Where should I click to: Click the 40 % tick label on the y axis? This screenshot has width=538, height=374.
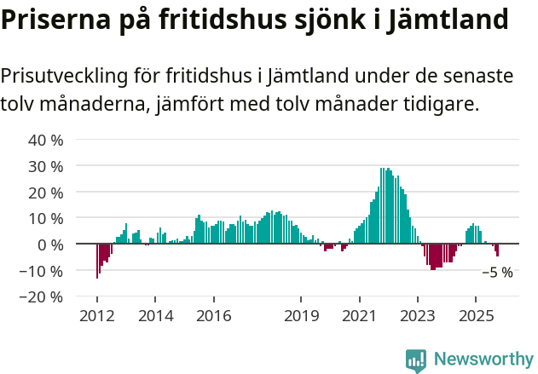(x=46, y=140)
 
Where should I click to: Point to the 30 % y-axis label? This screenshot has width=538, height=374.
(x=46, y=166)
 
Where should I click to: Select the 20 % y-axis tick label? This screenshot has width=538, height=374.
(x=46, y=193)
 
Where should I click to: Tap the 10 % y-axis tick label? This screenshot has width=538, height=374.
(x=46, y=219)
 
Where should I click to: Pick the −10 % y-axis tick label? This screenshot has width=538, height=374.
(x=42, y=271)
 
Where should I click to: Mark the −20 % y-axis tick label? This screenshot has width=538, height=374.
(x=42, y=297)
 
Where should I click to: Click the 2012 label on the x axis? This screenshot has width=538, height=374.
(x=96, y=315)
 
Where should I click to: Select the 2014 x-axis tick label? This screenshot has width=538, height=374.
(x=155, y=315)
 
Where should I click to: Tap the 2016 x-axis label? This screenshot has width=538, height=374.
(x=213, y=315)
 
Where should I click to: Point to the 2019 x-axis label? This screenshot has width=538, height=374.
(x=301, y=315)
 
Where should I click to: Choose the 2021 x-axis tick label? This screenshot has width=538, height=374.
(x=359, y=315)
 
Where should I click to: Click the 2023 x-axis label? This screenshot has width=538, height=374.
(x=417, y=315)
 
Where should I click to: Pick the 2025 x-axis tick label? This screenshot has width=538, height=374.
(x=475, y=315)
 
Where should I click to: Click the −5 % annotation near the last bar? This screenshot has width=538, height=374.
(x=497, y=273)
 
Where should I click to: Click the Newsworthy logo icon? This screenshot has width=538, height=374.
(x=416, y=360)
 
